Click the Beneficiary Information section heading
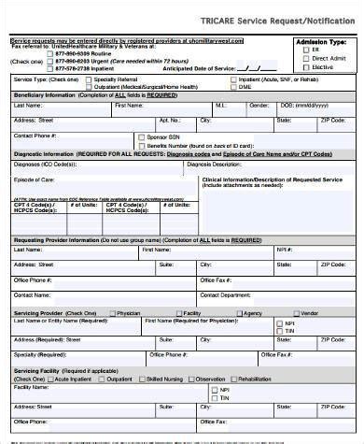[x=44, y=96]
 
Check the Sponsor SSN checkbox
[x=139, y=137]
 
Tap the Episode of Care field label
[x=34, y=179]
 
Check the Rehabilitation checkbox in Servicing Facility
[x=234, y=380]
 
